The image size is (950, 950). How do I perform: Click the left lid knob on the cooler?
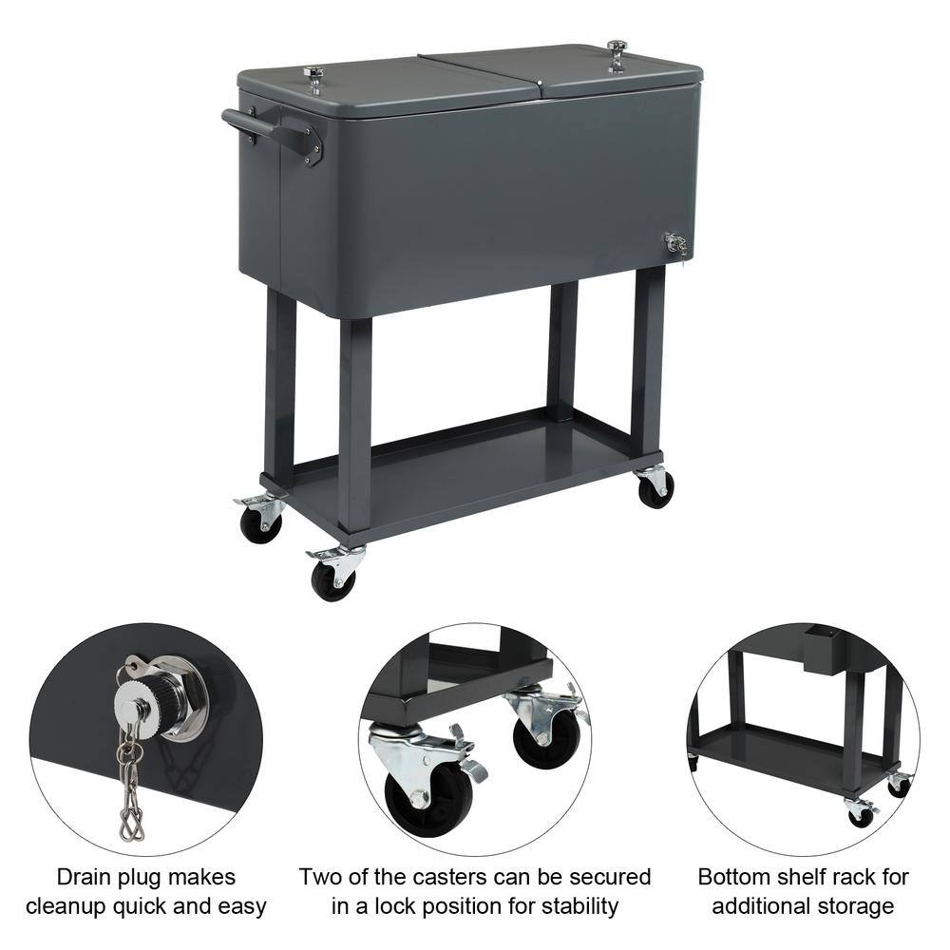pos(313,75)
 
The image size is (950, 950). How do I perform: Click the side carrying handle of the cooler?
pos(271,131)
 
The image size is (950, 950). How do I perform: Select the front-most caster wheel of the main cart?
pos(333,580)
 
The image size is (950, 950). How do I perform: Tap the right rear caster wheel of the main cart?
pos(655,488)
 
